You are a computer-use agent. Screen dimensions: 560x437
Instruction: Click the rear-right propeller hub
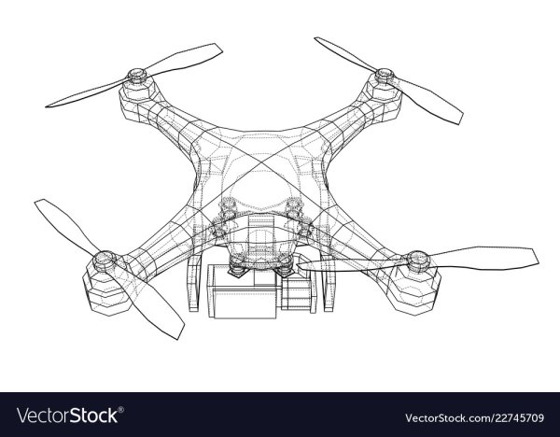click(385, 76)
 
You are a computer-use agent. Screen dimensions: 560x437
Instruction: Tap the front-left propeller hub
click(105, 260)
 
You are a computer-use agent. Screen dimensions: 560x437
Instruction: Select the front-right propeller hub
click(418, 261)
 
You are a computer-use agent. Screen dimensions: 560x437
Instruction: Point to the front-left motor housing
click(105, 290)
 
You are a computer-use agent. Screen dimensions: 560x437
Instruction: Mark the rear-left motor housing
click(137, 93)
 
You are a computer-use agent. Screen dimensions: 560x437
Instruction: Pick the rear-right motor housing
click(384, 95)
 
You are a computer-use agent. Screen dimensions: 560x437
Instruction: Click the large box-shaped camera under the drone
click(242, 291)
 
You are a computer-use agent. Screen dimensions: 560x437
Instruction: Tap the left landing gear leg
click(193, 283)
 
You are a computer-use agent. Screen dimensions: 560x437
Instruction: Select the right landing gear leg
click(329, 284)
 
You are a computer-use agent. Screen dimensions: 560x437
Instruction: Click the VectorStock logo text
click(67, 416)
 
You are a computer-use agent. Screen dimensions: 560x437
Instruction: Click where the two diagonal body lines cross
click(261, 162)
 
